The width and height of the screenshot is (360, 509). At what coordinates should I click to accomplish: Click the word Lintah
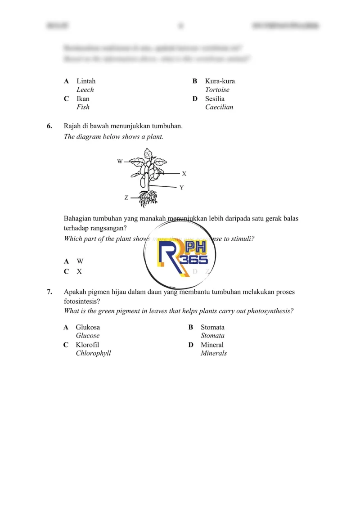86,81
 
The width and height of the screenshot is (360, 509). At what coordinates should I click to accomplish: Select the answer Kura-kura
220,81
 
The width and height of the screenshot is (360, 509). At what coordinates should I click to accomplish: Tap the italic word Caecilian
219,107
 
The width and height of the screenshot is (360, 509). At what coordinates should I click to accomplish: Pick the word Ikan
83,99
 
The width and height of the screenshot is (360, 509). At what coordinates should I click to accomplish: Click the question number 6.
49,126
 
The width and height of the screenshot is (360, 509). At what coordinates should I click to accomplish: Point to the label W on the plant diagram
120,162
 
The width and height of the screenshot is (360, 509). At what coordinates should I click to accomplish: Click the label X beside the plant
184,173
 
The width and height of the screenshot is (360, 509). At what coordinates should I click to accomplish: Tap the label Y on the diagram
181,188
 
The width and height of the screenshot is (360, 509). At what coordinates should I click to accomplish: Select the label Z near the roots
126,198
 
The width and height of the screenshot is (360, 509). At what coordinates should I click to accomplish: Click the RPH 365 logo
182,255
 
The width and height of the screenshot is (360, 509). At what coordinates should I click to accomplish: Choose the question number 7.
49,292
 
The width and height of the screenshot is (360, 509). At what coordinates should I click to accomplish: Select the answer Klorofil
88,345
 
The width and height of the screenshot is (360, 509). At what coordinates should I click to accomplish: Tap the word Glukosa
88,327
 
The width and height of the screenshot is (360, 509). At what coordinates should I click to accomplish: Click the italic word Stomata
212,336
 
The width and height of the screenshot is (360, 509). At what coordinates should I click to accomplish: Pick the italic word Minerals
214,353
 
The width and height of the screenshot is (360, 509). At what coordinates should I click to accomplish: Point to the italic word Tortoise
217,90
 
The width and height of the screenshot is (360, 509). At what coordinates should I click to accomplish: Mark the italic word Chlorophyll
93,353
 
